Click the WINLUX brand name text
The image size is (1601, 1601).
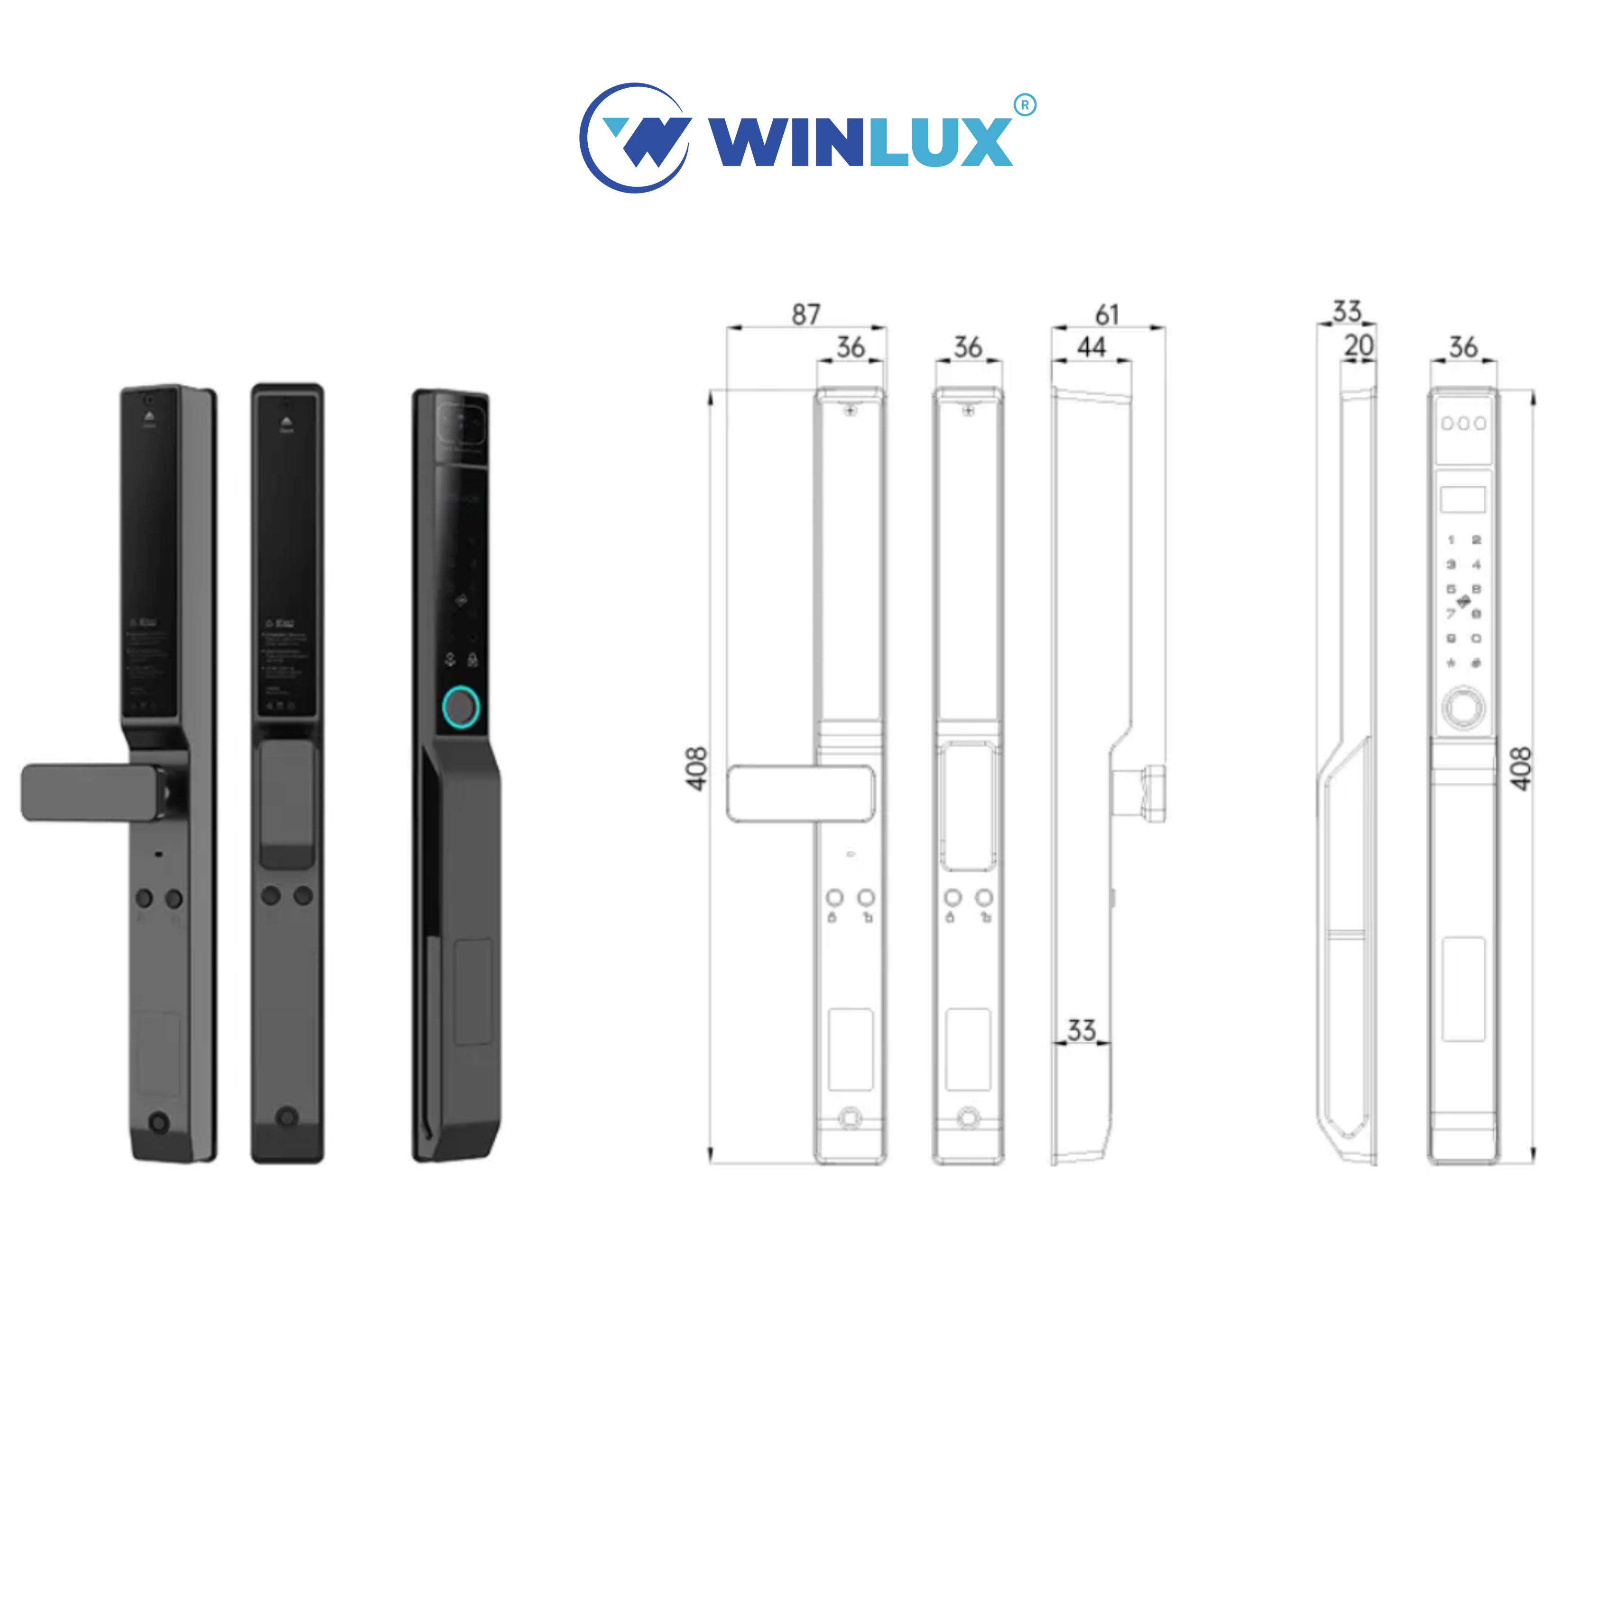pyautogui.click(x=860, y=142)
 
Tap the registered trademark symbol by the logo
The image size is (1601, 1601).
pyautogui.click(x=1025, y=105)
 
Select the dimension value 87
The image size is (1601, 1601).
pyautogui.click(x=805, y=315)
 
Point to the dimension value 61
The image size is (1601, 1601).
pyautogui.click(x=1107, y=315)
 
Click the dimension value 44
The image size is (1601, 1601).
pyautogui.click(x=1092, y=347)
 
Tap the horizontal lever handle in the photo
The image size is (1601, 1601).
pyautogui.click(x=91, y=793)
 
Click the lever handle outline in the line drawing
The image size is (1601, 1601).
pyautogui.click(x=800, y=793)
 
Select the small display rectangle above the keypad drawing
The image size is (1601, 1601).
pyautogui.click(x=1462, y=499)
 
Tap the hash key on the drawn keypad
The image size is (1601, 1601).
pyautogui.click(x=1476, y=663)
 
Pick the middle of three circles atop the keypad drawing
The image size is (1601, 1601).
pyautogui.click(x=1463, y=424)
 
